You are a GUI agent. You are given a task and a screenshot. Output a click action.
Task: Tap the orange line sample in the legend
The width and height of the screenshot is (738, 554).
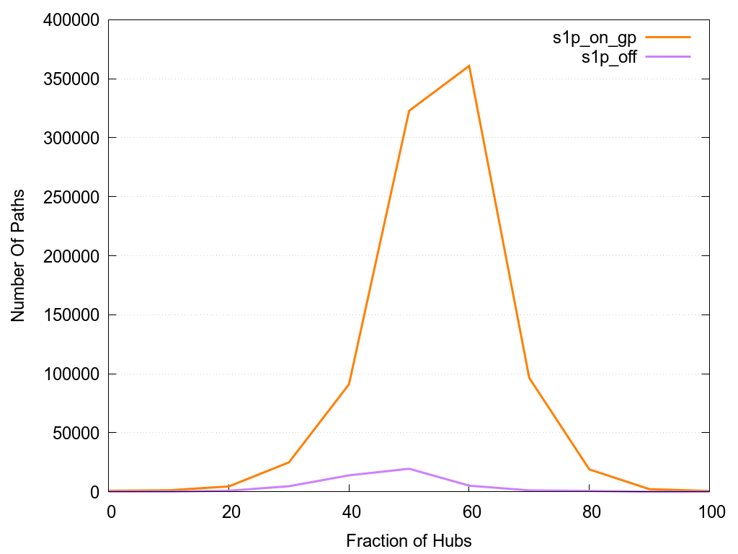tap(668, 37)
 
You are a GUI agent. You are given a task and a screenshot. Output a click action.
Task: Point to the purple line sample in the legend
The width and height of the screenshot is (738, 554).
tap(668, 56)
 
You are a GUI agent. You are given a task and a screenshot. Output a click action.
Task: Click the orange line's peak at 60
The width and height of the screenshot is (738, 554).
tap(469, 66)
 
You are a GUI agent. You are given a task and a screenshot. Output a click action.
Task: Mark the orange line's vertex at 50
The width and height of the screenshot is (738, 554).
tap(409, 111)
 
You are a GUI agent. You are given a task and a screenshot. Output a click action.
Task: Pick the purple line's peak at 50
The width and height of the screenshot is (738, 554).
tap(409, 469)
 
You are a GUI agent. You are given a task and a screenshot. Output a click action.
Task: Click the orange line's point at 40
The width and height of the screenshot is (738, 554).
tap(349, 384)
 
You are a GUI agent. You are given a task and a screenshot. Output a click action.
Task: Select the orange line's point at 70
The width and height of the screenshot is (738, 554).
tap(529, 378)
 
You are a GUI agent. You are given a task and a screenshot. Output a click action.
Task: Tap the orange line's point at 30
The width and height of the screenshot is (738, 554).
tap(289, 462)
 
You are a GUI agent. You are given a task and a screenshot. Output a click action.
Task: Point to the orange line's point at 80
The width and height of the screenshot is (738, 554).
tap(590, 470)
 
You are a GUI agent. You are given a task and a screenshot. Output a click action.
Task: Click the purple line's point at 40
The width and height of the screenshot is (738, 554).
tap(349, 475)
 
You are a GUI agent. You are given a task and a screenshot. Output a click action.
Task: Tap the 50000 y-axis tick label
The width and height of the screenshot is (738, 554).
tap(72, 433)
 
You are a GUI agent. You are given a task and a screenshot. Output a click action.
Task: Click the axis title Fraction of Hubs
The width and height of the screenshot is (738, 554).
tap(409, 540)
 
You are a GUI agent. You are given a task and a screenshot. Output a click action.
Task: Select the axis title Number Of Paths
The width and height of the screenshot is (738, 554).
tap(18, 255)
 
